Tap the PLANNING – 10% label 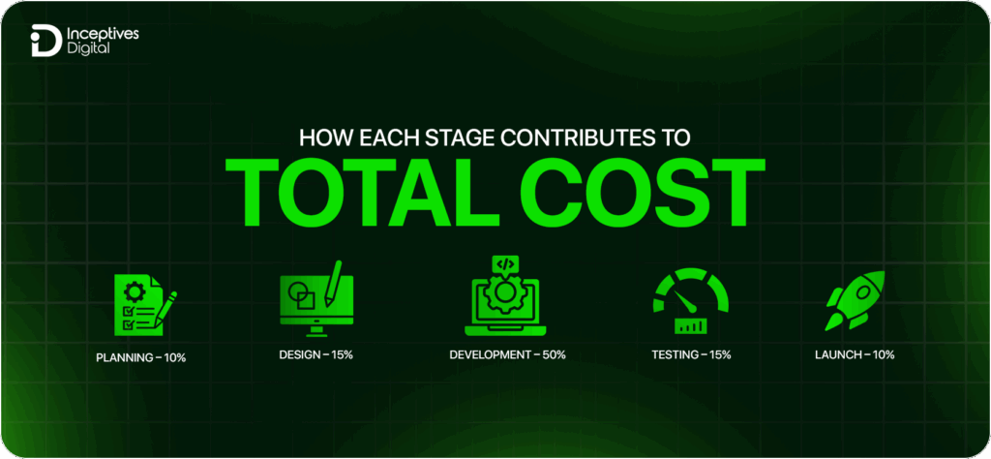[x=141, y=357]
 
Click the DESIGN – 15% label [x=315, y=354]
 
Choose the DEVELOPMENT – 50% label [x=508, y=354]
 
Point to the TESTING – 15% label [x=691, y=354]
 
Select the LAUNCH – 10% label [x=855, y=354]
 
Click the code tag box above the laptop [x=503, y=264]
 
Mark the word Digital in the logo [x=90, y=48]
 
